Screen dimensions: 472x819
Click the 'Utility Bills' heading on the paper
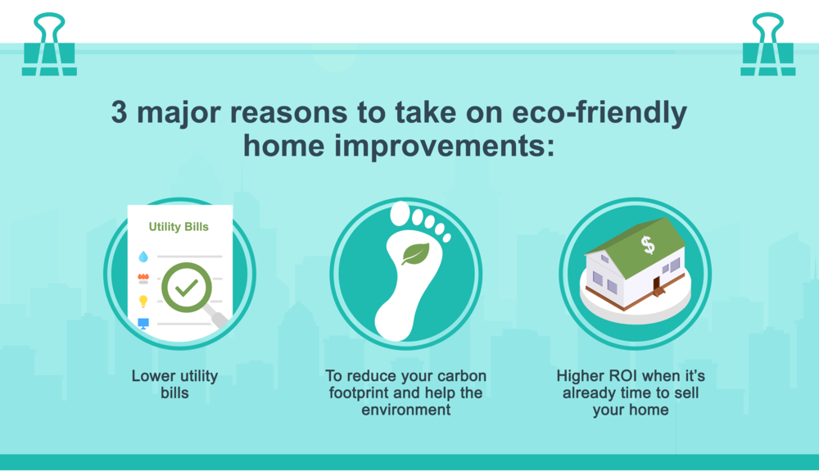coord(179,226)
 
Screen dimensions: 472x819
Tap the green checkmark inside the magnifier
coord(187,288)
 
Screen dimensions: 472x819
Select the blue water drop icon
coord(143,256)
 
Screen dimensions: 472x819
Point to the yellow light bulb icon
coord(143,302)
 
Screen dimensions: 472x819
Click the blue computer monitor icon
coord(143,324)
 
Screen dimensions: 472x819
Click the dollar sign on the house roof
coord(648,243)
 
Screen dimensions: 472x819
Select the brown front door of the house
coord(655,284)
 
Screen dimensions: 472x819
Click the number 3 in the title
coord(120,114)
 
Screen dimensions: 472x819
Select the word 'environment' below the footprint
coord(406,409)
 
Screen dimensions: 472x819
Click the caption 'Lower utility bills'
coord(174,384)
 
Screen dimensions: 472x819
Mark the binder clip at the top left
coord(48,58)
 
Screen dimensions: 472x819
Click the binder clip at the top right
coord(767,58)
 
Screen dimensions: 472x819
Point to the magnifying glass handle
coord(218,320)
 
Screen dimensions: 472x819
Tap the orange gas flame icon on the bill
coord(143,279)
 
